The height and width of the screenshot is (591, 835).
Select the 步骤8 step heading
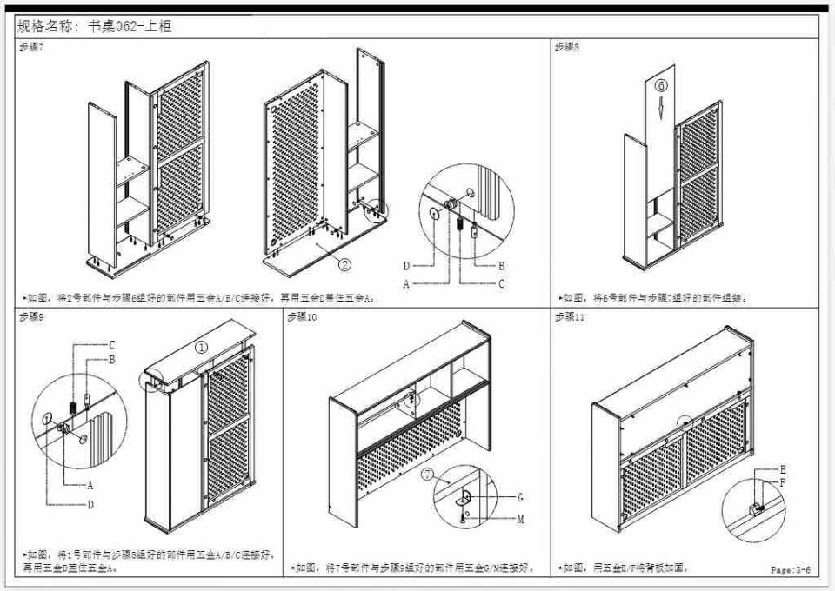coord(566,47)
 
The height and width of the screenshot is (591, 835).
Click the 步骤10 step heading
coord(302,317)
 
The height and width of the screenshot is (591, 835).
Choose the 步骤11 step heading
coord(569,317)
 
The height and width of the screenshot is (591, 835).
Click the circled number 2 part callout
coord(344,265)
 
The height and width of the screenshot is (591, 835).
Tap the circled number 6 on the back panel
coord(660,85)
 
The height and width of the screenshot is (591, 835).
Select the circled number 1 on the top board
coord(201,346)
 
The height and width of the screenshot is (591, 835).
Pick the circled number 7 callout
coord(427,475)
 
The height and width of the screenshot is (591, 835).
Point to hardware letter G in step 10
coord(520,497)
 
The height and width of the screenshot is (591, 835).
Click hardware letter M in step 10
coord(520,519)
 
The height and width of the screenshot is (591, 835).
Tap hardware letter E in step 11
coord(784,470)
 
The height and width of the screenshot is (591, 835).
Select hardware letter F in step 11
coord(784,482)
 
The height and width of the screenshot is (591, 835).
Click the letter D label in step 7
coord(405,266)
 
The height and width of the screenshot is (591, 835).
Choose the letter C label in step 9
coord(111,345)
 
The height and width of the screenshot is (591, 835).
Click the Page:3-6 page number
coord(790,570)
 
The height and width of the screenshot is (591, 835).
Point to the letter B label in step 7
coord(501,266)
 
